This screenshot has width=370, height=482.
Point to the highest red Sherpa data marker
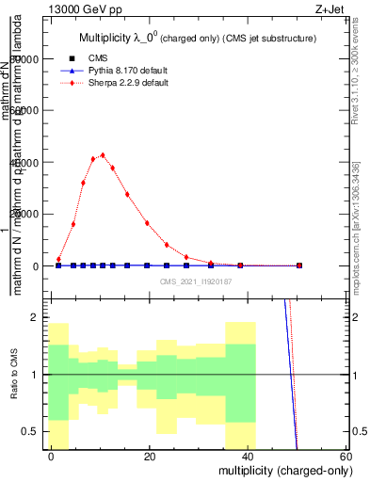(x=103, y=155)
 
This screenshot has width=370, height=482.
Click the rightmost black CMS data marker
(x=299, y=265)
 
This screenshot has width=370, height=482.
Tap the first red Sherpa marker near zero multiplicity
(x=58, y=259)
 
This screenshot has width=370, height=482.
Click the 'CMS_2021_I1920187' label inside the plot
(x=195, y=281)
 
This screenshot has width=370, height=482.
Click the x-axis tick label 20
(x=150, y=456)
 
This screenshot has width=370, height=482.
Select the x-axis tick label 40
(x=248, y=456)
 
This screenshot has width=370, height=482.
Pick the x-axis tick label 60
(x=346, y=456)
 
